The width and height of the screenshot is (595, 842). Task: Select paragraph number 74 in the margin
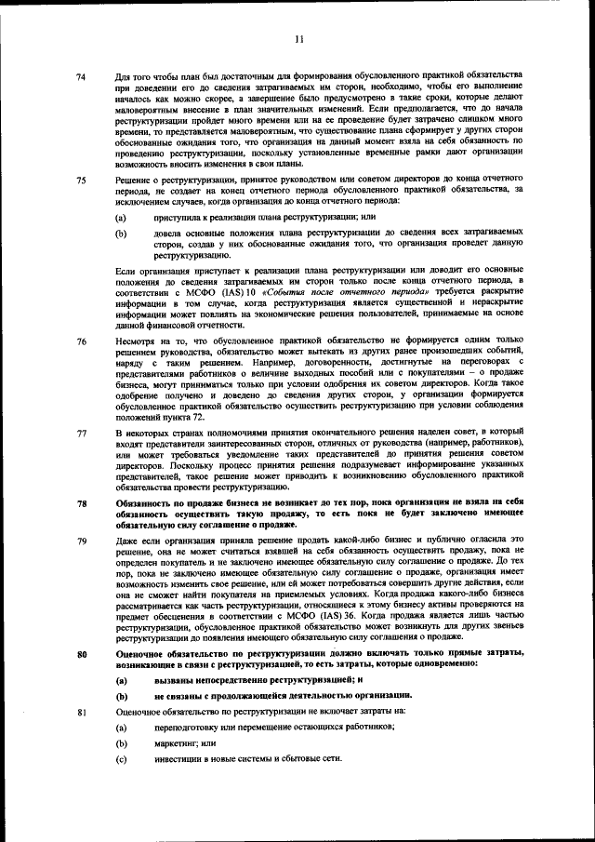pyautogui.click(x=81, y=75)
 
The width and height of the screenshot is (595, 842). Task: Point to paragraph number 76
pyautogui.click(x=81, y=342)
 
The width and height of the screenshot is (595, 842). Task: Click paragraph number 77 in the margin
pyautogui.click(x=81, y=434)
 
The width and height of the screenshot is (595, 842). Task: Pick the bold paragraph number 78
pyautogui.click(x=81, y=503)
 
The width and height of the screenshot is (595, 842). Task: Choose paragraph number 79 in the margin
pyautogui.click(x=81, y=541)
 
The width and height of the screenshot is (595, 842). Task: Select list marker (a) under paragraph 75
pyautogui.click(x=121, y=217)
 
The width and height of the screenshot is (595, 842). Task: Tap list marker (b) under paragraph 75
pyautogui.click(x=121, y=234)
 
